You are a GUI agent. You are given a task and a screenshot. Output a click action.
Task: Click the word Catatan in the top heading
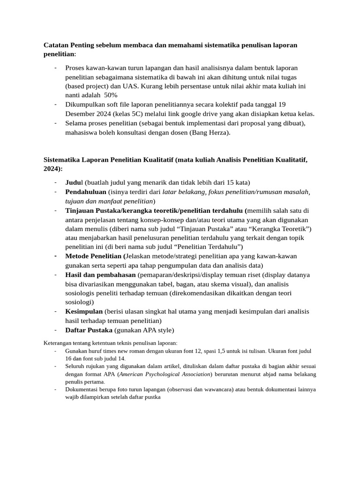[x=56, y=45]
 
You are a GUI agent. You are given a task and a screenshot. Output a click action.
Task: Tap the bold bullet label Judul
[x=75, y=182]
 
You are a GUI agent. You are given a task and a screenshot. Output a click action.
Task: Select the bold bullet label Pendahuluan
[x=86, y=192]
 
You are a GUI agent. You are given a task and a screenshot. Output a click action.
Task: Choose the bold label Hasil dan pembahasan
[x=100, y=275]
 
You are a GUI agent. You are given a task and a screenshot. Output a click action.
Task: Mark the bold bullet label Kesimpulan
[x=84, y=312]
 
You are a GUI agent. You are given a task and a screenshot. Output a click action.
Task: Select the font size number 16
[x=69, y=358]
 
